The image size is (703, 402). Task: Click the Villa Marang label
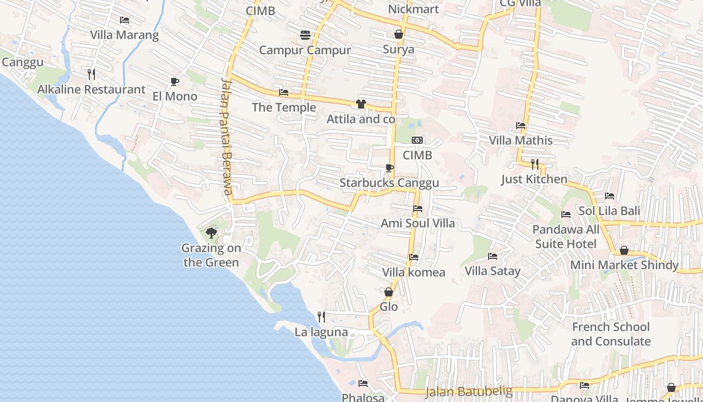click(x=125, y=35)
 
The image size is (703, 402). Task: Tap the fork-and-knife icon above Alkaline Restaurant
click(x=91, y=74)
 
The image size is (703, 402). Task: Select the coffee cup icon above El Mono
click(x=175, y=81)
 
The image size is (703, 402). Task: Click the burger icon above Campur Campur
click(x=305, y=35)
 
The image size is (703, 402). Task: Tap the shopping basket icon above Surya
click(x=399, y=34)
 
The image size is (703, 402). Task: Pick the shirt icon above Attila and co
click(x=361, y=104)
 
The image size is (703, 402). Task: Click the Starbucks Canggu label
click(x=389, y=183)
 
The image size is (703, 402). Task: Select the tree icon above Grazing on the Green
click(x=211, y=233)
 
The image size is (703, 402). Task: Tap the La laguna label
click(x=321, y=332)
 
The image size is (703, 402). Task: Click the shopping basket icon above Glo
click(x=389, y=291)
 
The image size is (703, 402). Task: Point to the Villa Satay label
click(x=493, y=271)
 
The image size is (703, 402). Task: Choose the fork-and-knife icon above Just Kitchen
click(x=535, y=164)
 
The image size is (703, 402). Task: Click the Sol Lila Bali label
click(x=609, y=211)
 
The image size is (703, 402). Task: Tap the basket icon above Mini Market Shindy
click(x=624, y=250)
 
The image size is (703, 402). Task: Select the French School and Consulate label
click(x=611, y=334)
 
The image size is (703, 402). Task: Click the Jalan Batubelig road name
click(x=469, y=391)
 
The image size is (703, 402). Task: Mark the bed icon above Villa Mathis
click(x=521, y=126)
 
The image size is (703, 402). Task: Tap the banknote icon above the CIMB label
click(x=417, y=140)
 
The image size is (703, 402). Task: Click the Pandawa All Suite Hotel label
click(x=566, y=237)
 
